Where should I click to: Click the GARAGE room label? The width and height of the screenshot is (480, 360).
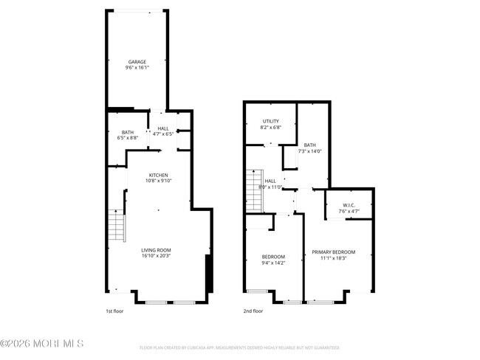pyautogui.click(x=137, y=62)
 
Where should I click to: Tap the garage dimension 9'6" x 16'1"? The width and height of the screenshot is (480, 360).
pyautogui.click(x=137, y=68)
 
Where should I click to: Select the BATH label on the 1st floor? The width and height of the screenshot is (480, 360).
pyautogui.click(x=128, y=132)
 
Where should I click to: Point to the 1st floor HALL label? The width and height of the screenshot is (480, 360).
pyautogui.click(x=162, y=128)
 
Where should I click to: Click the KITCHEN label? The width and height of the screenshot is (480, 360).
pyautogui.click(x=159, y=175)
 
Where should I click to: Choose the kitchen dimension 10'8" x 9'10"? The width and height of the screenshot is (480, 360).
pyautogui.click(x=159, y=181)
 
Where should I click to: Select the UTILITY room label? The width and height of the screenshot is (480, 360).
pyautogui.click(x=272, y=121)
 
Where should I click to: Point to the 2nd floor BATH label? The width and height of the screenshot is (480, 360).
pyautogui.click(x=309, y=145)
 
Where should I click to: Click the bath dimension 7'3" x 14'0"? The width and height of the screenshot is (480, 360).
pyautogui.click(x=309, y=151)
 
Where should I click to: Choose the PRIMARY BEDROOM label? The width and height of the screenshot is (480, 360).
pyautogui.click(x=338, y=252)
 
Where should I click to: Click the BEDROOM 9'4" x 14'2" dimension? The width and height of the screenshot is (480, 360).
pyautogui.click(x=272, y=263)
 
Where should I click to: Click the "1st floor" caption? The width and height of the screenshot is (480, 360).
pyautogui.click(x=114, y=311)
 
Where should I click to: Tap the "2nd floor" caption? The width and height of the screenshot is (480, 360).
pyautogui.click(x=253, y=311)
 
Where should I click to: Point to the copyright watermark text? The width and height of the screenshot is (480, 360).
pyautogui.click(x=42, y=344)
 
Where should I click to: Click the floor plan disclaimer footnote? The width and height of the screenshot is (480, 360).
pyautogui.click(x=240, y=347)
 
